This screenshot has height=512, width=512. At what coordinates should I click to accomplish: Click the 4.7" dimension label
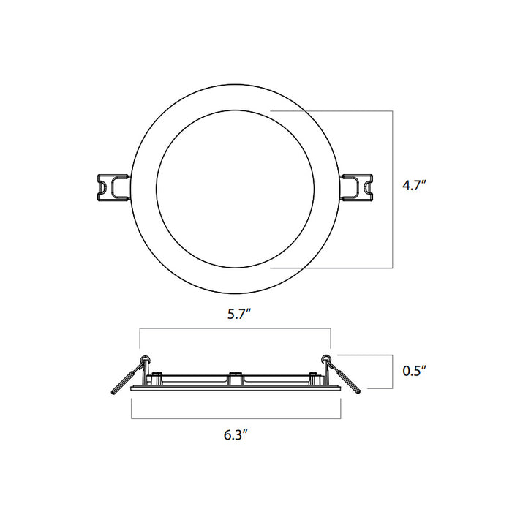click(x=414, y=186)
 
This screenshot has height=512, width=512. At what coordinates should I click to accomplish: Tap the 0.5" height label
click(x=414, y=371)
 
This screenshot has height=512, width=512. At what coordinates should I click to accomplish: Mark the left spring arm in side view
click(x=121, y=381)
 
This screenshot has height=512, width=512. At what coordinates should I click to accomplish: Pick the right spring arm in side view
click(x=350, y=381)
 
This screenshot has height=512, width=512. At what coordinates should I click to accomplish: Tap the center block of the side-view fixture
click(x=236, y=378)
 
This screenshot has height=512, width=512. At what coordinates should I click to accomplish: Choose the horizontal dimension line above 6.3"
click(x=236, y=418)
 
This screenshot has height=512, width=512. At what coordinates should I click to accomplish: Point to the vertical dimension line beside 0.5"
click(x=386, y=371)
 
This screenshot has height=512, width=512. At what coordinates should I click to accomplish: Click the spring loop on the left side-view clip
click(x=145, y=358)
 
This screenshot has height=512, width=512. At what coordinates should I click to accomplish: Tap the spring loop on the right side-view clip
click(x=326, y=358)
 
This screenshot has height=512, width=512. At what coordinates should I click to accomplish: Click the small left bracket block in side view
click(x=157, y=378)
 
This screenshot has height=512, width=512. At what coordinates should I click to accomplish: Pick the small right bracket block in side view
click(x=315, y=378)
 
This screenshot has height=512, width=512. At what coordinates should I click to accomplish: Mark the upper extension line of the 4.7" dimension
click(x=333, y=110)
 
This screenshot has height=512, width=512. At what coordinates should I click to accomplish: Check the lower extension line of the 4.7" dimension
click(x=333, y=268)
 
